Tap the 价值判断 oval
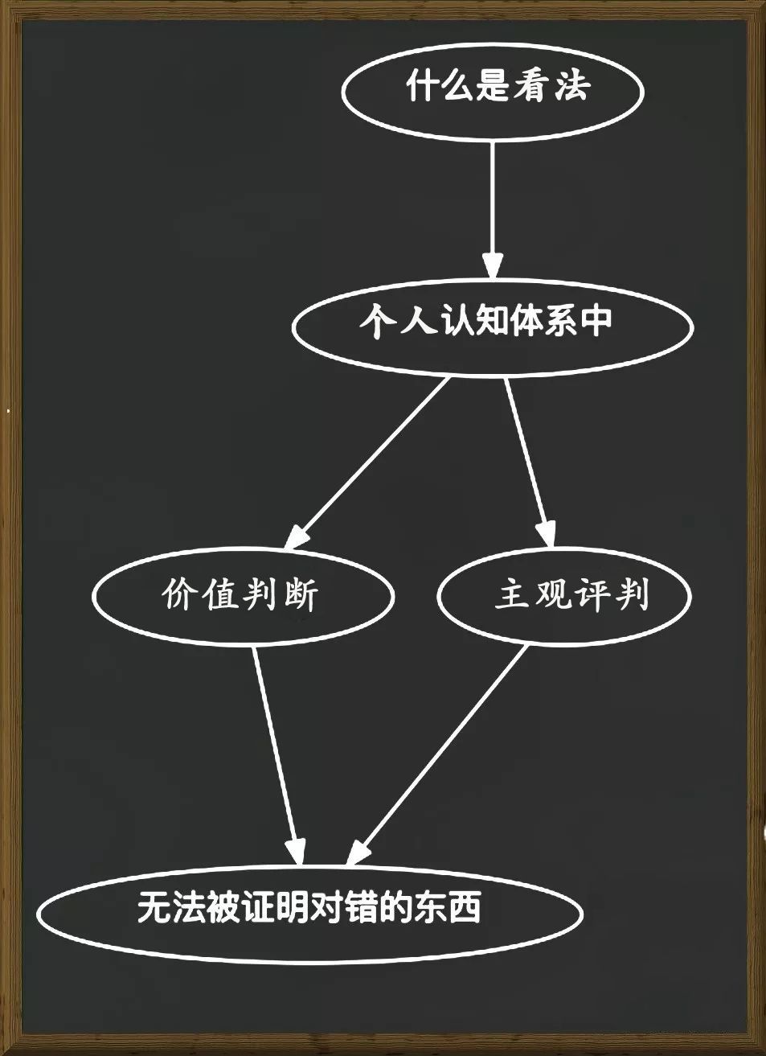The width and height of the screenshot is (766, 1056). (243, 596)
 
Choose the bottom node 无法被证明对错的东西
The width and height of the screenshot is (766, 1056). (309, 912)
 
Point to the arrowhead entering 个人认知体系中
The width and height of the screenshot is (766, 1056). (493, 265)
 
